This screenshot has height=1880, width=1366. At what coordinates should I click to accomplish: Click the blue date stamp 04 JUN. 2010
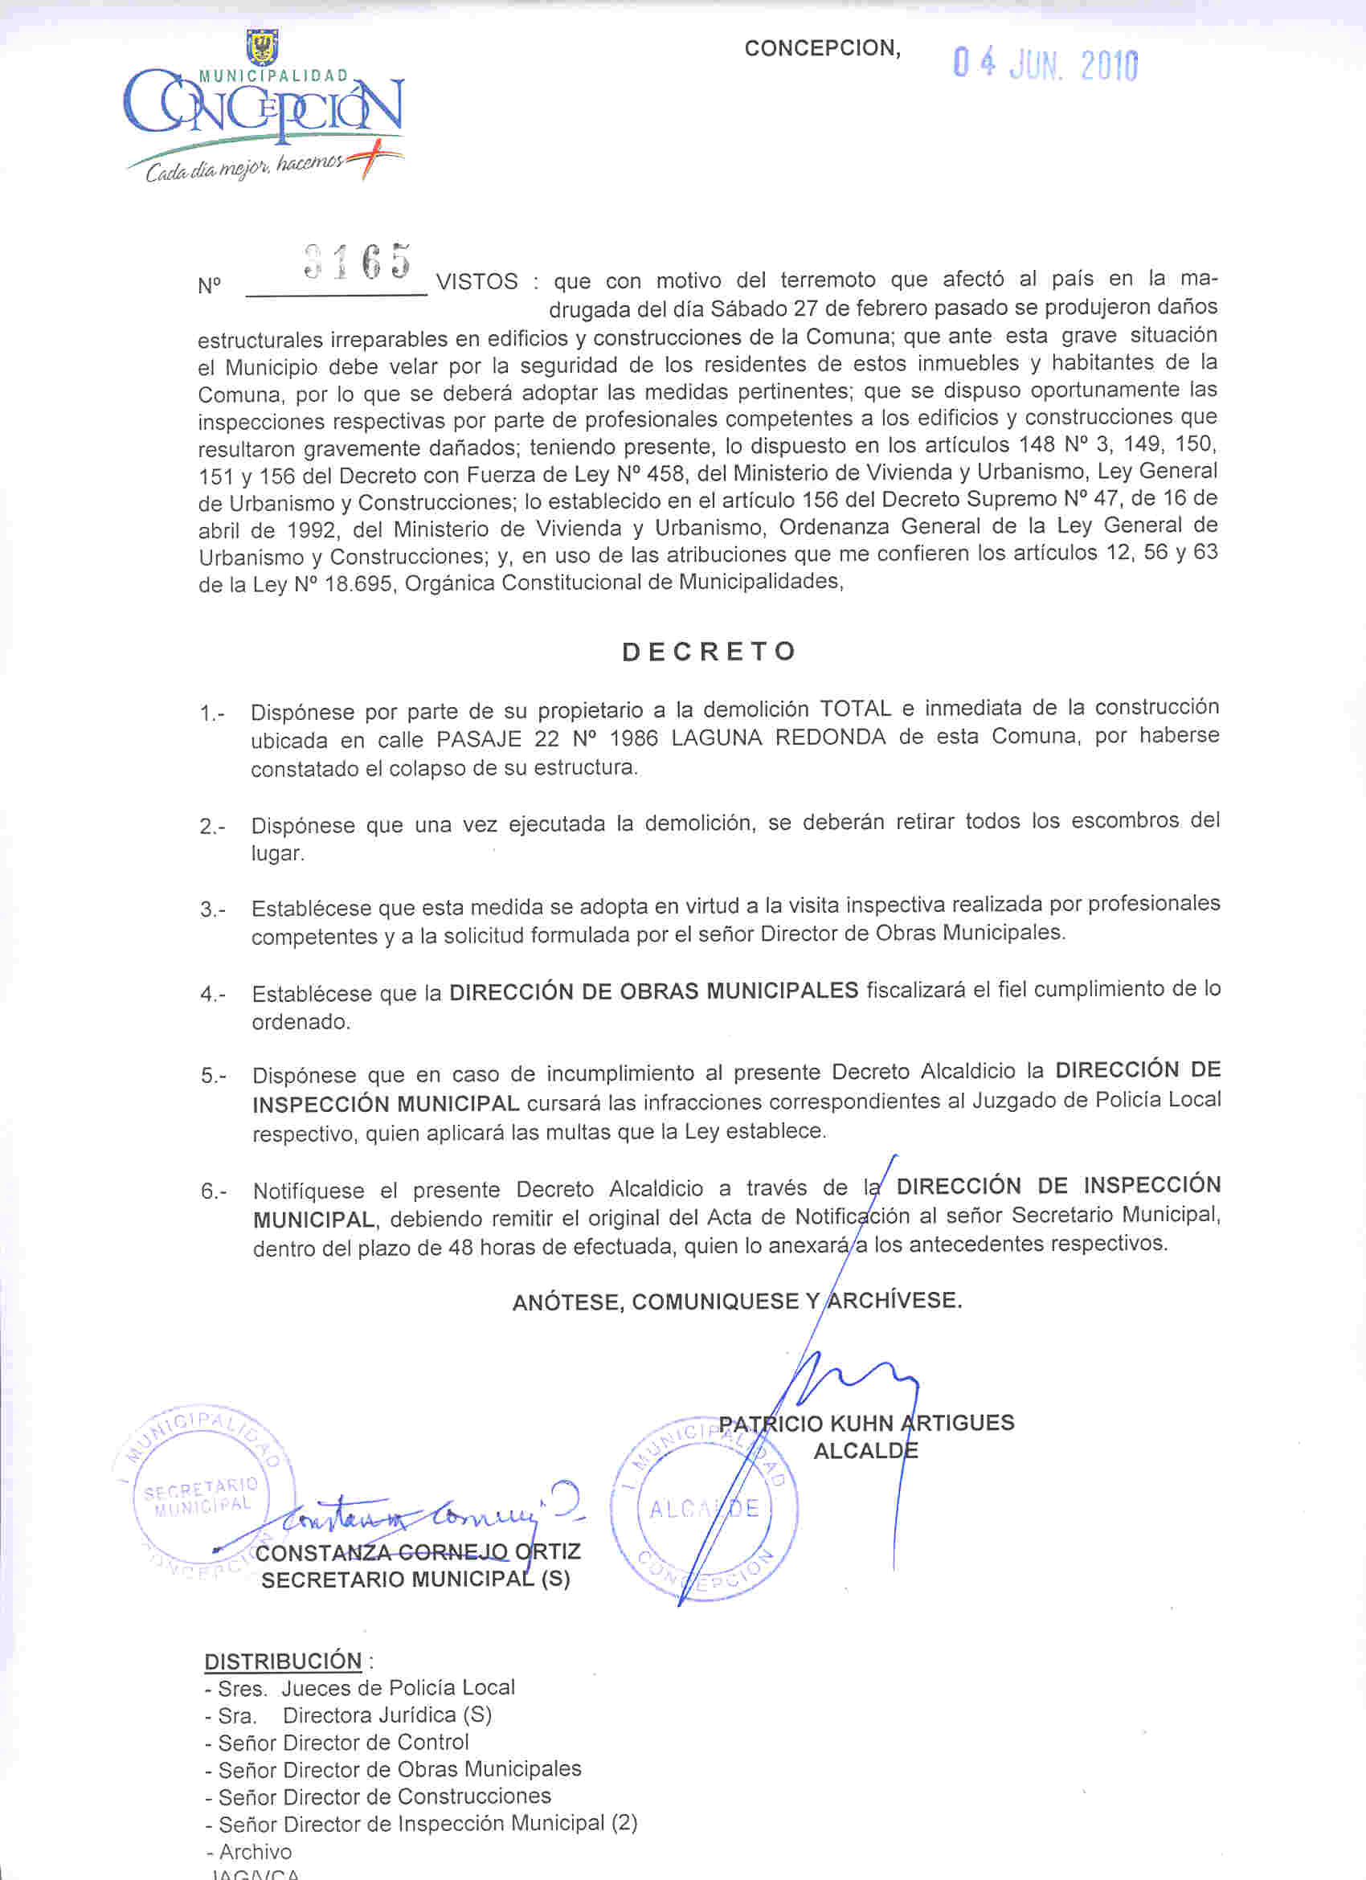coord(1045,64)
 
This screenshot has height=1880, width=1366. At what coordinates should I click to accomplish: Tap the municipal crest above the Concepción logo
coord(263,47)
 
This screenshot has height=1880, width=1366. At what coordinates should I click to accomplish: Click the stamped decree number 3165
coord(358,261)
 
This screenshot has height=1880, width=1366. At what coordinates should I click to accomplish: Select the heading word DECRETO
coord(710,652)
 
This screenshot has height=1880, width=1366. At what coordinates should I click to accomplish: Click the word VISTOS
coord(476,282)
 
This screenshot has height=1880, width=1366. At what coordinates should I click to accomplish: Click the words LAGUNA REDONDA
coord(779,738)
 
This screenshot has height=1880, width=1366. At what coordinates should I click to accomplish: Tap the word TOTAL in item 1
coord(855,709)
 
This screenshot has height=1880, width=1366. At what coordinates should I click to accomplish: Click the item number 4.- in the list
coord(212,995)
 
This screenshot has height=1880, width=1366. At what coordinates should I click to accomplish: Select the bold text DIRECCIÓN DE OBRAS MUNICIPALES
coord(653,991)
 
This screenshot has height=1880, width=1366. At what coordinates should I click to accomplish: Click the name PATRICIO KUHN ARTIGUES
coord(866,1424)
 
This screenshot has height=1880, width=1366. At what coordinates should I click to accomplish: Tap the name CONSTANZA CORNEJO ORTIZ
coord(418,1551)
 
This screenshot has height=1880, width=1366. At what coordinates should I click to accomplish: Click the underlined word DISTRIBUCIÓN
coord(283,1661)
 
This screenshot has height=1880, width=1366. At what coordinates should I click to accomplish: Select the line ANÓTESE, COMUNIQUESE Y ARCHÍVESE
coord(737,1302)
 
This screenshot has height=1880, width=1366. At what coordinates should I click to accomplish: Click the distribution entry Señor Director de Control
coord(343,1743)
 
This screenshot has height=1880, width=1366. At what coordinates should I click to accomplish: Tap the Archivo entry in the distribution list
coord(255,1851)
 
